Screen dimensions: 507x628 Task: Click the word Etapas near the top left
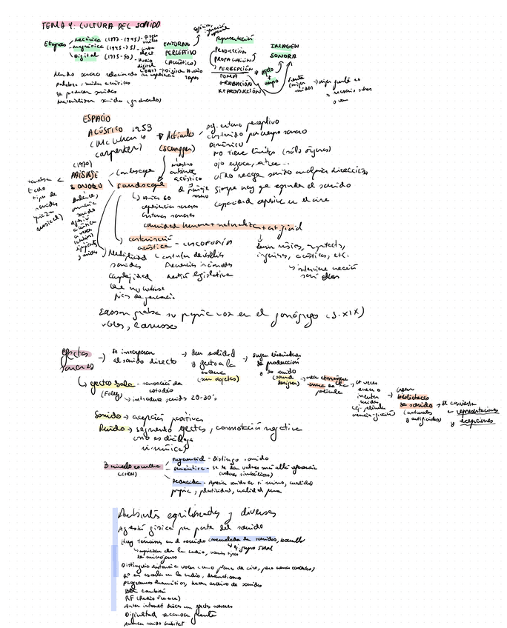pyautogui.click(x=55, y=44)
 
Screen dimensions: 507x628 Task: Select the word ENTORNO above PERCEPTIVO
pyautogui.click(x=176, y=44)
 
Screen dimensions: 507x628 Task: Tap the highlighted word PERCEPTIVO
pyautogui.click(x=179, y=53)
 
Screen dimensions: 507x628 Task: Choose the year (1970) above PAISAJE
pyautogui.click(x=83, y=163)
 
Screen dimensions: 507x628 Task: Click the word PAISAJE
pyautogui.click(x=85, y=173)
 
